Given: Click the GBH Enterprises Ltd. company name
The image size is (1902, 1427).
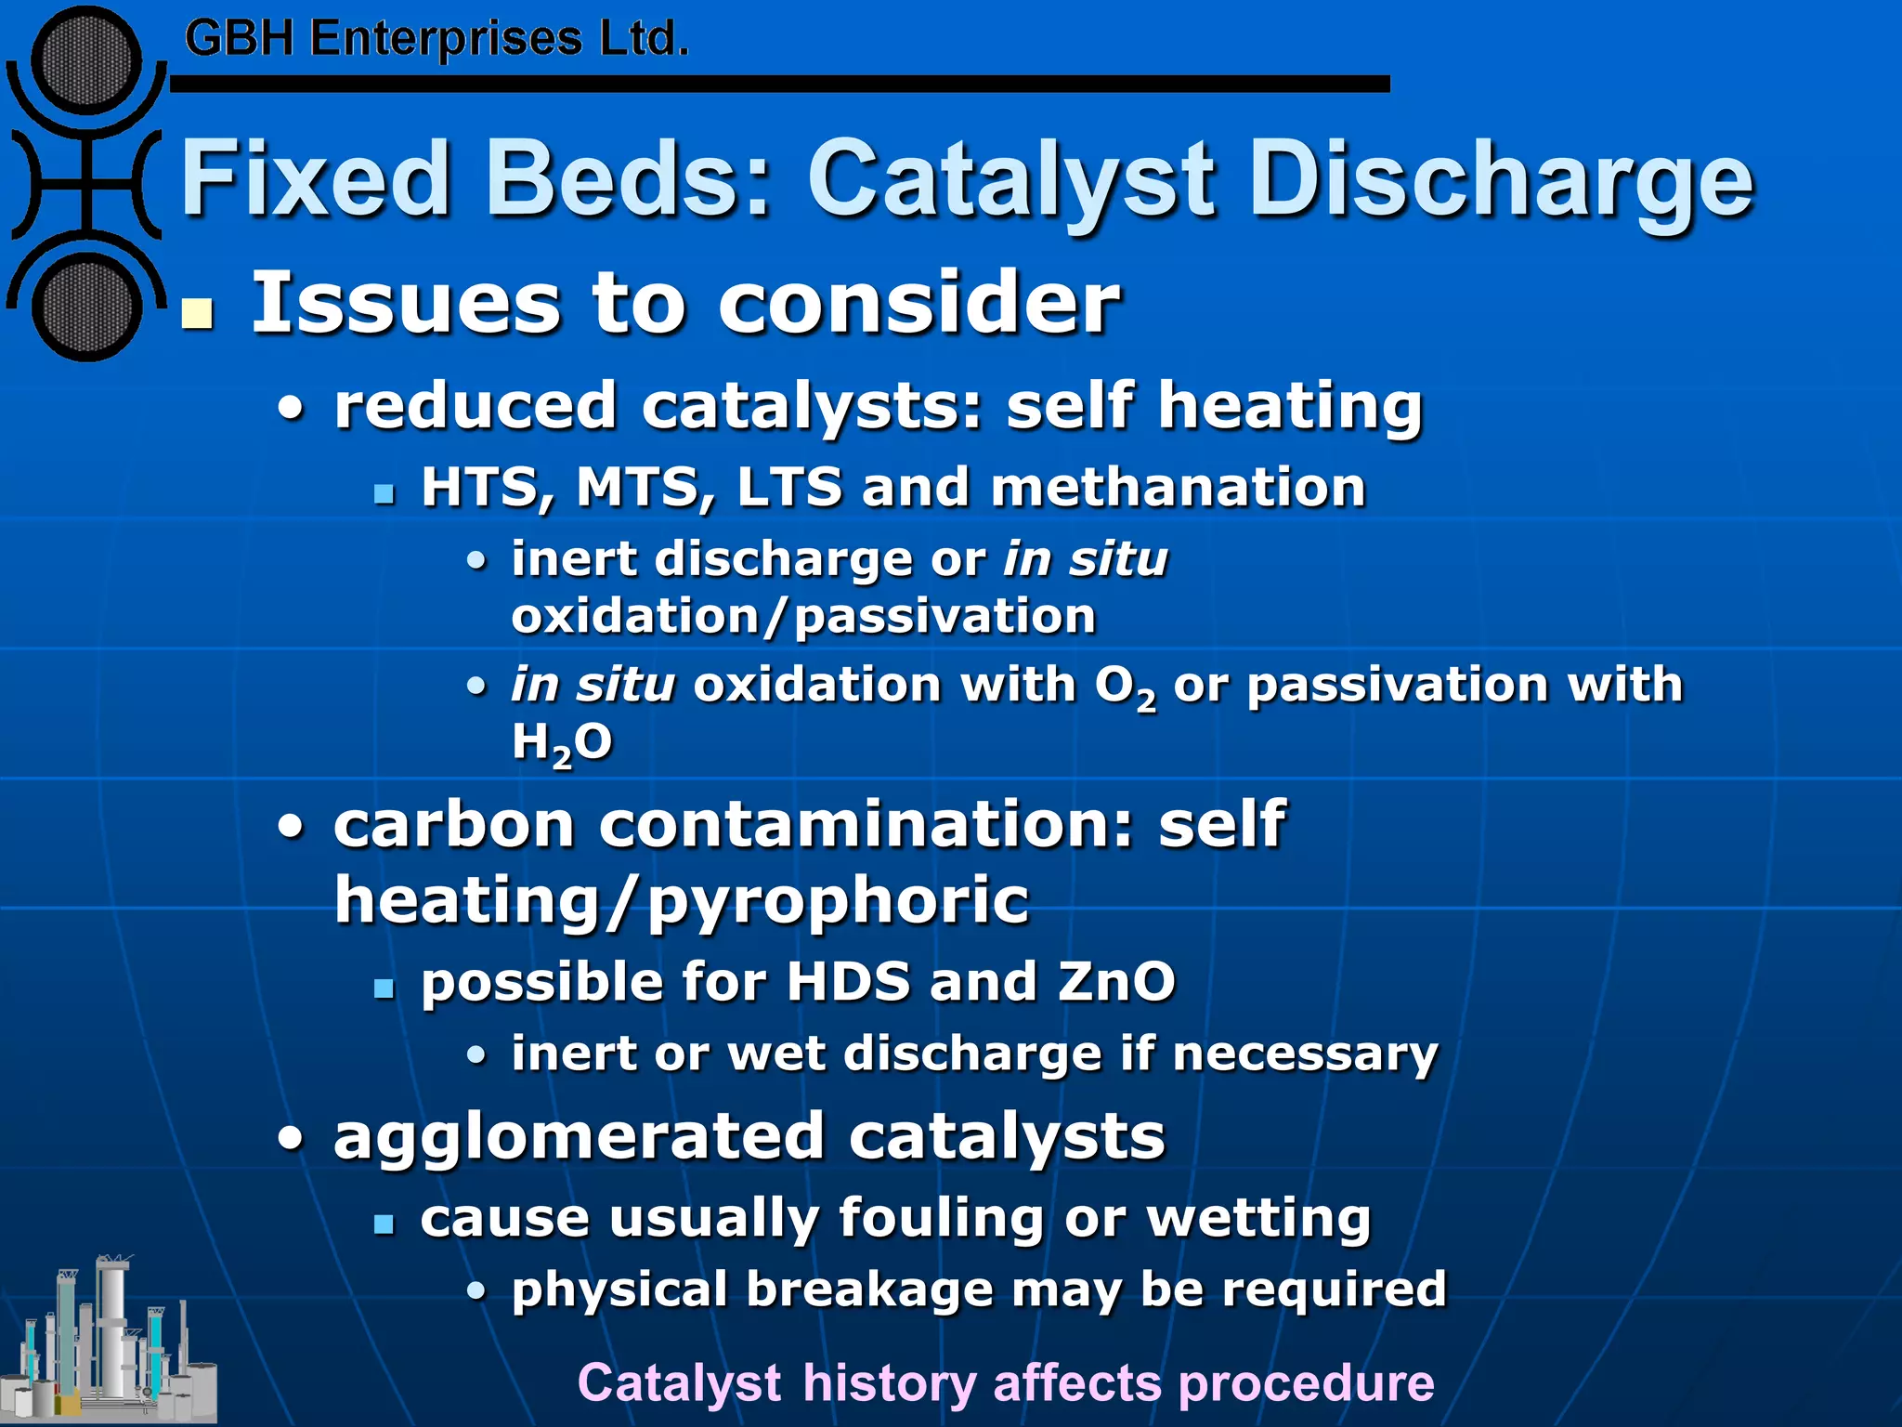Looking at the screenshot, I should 436,39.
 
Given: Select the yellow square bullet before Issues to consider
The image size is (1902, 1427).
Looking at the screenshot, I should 197,315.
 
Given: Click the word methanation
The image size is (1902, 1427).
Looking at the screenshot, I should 1178,487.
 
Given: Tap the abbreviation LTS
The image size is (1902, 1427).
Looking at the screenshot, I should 788,487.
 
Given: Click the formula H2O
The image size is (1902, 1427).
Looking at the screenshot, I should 562,744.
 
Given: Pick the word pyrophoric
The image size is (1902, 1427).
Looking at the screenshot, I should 838,901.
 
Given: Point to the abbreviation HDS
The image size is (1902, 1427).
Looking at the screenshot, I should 848,982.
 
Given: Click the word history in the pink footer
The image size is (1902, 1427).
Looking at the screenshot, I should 889,1382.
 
